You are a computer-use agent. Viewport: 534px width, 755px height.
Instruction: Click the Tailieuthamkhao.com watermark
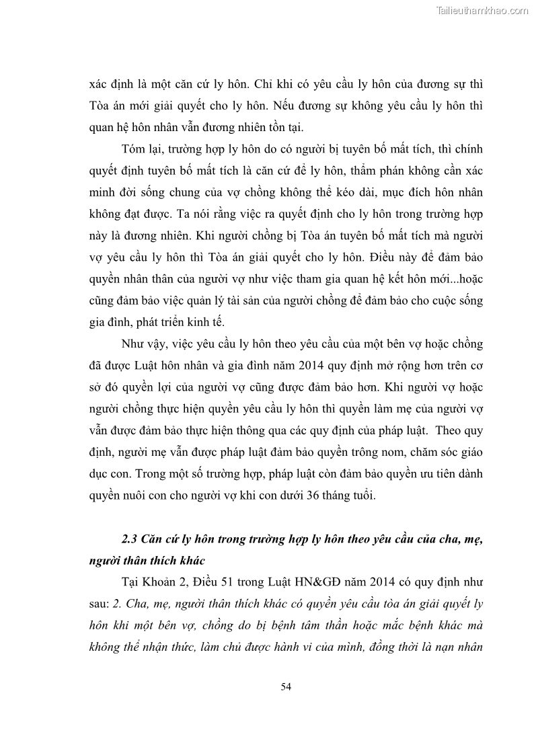click(x=483, y=10)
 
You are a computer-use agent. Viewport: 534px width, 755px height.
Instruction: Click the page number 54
click(x=286, y=686)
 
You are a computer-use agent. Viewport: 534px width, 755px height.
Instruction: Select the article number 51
click(x=234, y=581)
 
